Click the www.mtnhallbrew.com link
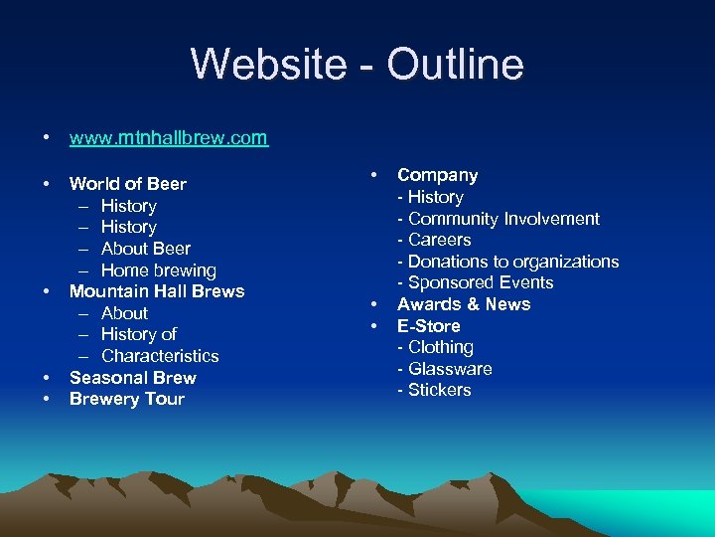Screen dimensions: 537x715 [168, 138]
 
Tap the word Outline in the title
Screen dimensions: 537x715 [456, 65]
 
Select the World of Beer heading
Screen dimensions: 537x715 [127, 184]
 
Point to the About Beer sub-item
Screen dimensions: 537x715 [145, 249]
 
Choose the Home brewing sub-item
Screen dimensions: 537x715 [158, 270]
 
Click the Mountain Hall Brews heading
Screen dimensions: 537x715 [156, 291]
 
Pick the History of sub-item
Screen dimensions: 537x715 [138, 334]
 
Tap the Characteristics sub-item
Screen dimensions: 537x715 [160, 356]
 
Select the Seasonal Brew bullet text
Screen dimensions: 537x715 [132, 378]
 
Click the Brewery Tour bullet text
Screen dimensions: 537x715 [126, 399]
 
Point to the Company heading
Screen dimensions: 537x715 [437, 175]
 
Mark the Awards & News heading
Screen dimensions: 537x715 [464, 304]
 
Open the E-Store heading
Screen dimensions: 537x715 [428, 326]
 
